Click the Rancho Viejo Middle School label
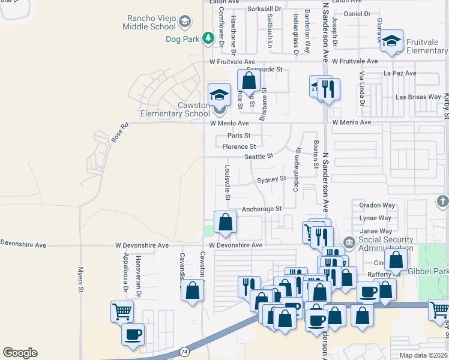click(149, 22)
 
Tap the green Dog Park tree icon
click(208, 39)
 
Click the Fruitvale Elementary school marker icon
click(392, 42)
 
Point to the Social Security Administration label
click(386, 244)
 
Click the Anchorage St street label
click(262, 209)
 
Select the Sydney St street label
click(271, 179)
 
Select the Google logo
click(20, 353)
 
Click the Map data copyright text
click(423, 355)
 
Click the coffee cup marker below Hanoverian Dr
click(133, 334)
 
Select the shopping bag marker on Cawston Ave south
click(192, 292)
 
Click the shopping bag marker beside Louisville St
click(224, 223)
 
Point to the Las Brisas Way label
click(418, 97)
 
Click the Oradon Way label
click(376, 205)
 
